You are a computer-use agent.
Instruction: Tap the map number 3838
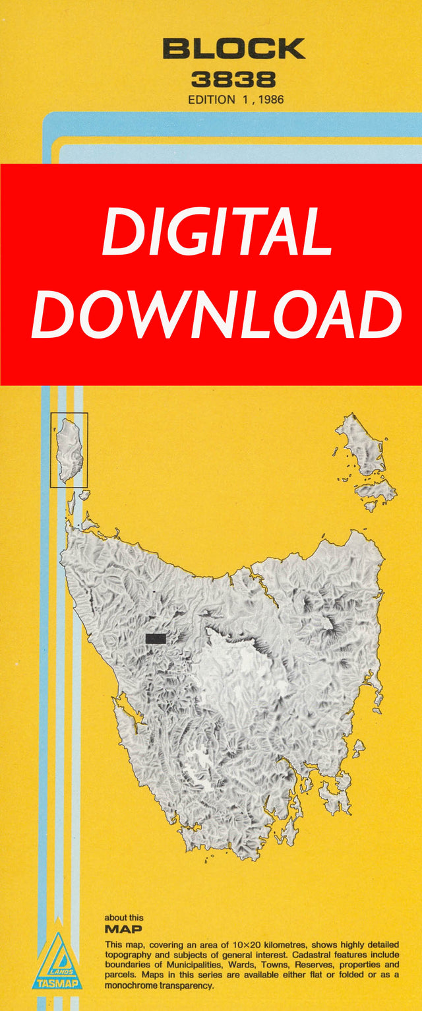click(233, 81)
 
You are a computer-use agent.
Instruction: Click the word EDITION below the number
click(211, 100)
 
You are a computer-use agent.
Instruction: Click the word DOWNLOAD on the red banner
click(216, 314)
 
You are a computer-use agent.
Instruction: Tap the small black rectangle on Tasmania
click(156, 638)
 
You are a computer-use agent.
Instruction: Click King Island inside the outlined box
click(69, 449)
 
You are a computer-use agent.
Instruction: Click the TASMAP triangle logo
click(57, 960)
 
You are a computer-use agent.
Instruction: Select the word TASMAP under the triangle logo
click(57, 983)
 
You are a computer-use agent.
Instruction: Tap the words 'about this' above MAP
click(123, 917)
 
